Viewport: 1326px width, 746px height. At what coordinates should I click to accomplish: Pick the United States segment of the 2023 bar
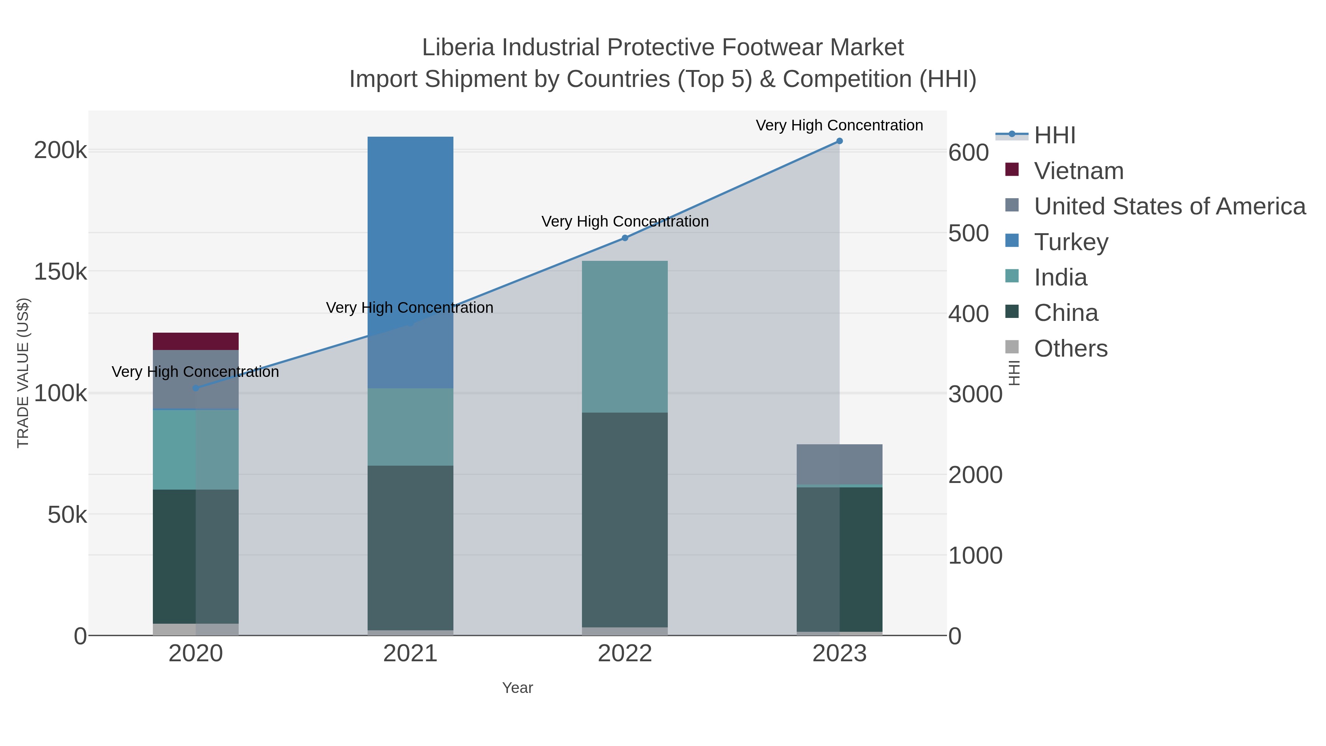[x=839, y=464]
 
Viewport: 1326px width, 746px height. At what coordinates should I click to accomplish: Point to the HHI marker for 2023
[x=839, y=141]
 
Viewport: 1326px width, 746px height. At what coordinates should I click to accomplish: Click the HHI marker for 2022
[x=624, y=238]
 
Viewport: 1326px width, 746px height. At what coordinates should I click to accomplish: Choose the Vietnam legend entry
[x=1078, y=171]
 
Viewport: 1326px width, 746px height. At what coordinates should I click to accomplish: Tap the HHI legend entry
[x=1054, y=136]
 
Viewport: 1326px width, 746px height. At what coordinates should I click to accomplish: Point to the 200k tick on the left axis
[x=61, y=151]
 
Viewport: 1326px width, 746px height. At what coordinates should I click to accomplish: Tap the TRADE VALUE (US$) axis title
[x=23, y=373]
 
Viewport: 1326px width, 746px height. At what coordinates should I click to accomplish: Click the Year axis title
[x=518, y=688]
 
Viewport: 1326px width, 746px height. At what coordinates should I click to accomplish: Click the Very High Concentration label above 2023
[x=839, y=125]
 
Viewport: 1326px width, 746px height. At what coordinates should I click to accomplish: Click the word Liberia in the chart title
[x=458, y=48]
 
